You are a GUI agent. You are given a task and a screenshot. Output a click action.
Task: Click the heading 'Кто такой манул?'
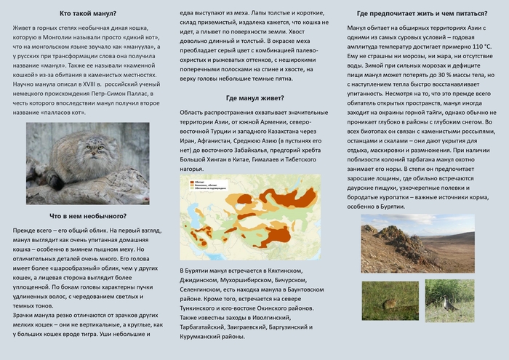tap(87, 14)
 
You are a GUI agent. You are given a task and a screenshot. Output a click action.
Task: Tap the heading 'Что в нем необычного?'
tap(87, 216)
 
